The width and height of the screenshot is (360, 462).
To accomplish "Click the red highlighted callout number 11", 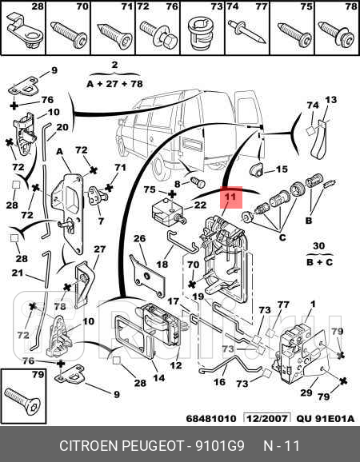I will pos(231,196).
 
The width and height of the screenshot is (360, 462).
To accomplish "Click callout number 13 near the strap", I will pos(330,100).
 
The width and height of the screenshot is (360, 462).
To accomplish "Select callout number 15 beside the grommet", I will pos(281,169).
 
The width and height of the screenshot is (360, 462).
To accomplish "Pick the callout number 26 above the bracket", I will pos(139,238).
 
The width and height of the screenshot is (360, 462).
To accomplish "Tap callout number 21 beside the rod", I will pos(18,273).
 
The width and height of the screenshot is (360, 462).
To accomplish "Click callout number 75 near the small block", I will pos(149,189).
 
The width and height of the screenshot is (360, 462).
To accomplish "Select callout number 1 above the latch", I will pos(313,304).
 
